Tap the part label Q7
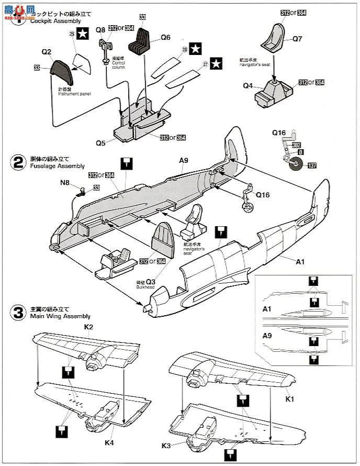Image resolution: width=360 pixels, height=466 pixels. click(x=297, y=38)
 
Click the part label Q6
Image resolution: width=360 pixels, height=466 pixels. click(x=165, y=37)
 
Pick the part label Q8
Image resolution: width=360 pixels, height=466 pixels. click(x=100, y=30)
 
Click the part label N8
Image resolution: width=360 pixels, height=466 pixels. click(x=64, y=184)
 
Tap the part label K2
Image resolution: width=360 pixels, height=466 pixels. click(x=88, y=327)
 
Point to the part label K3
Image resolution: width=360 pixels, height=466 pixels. click(x=166, y=446)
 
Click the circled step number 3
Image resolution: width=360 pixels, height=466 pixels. click(x=18, y=313)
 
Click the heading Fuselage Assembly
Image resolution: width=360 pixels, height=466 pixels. click(x=57, y=166)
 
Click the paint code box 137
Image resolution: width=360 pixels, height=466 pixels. click(x=312, y=166)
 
